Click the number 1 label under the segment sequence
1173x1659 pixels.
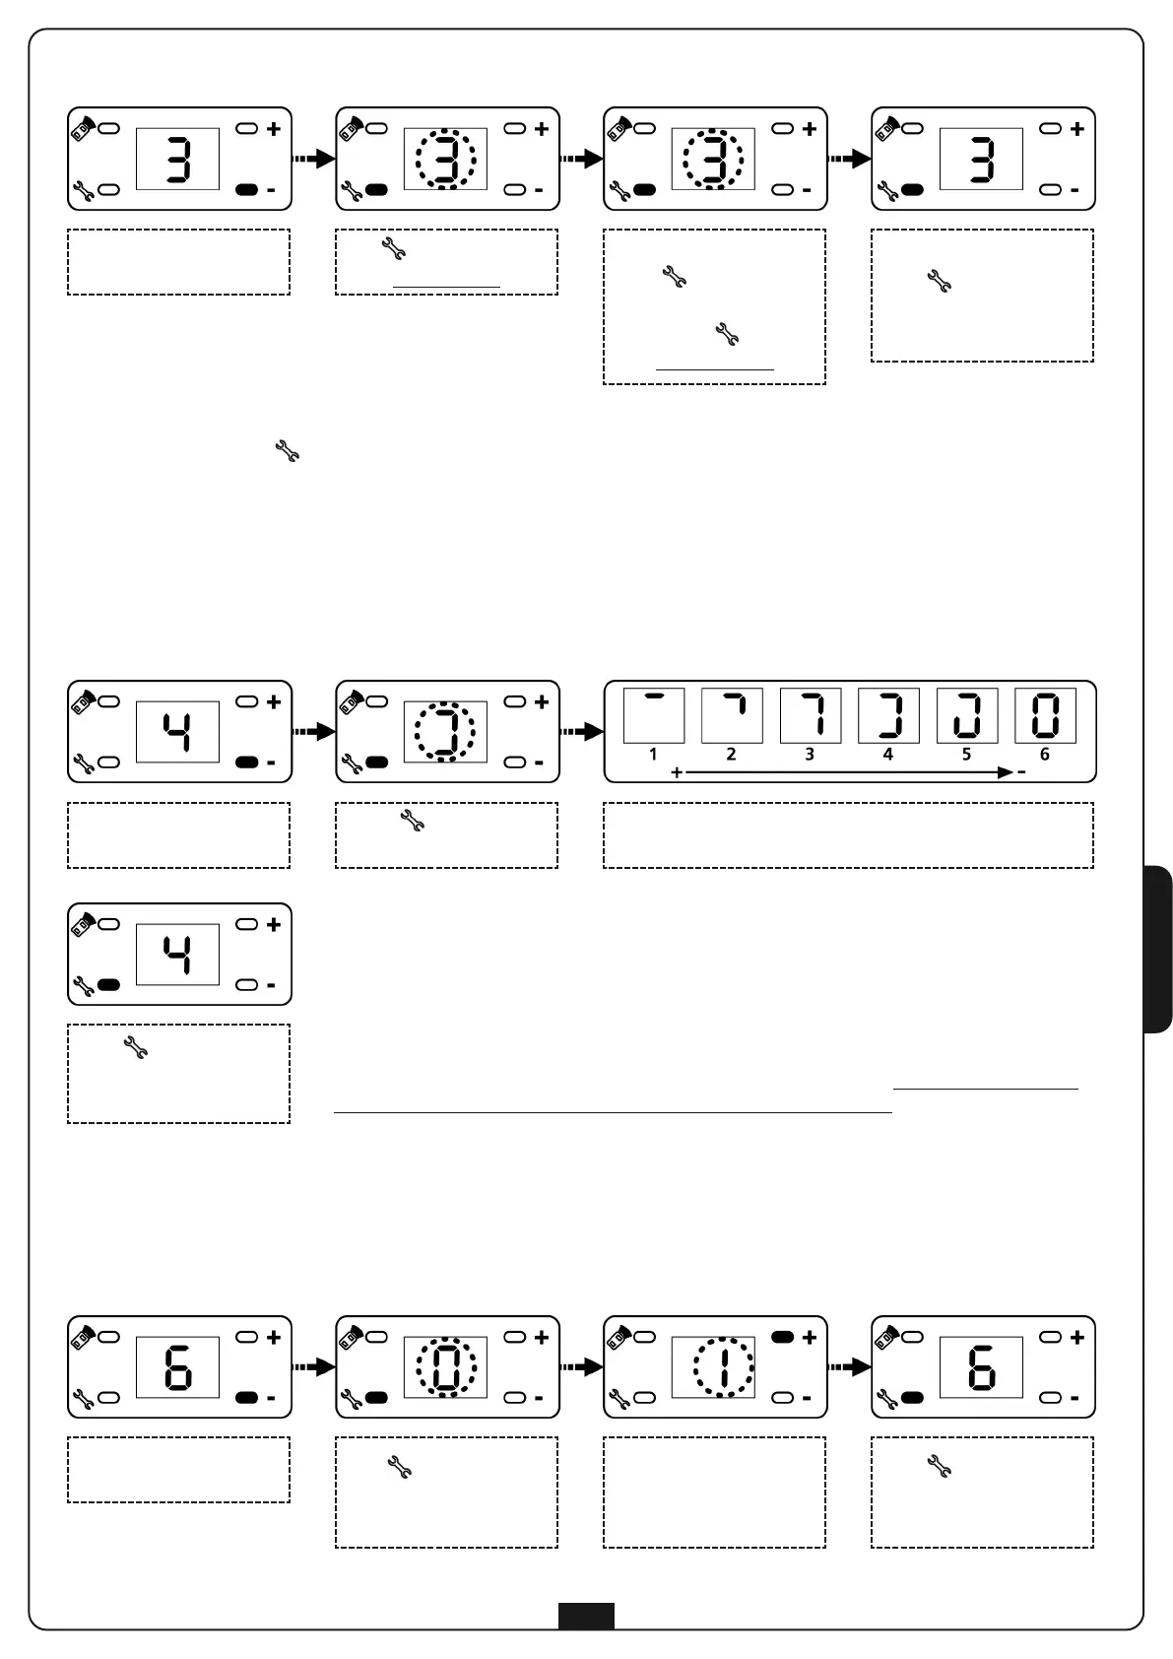point(653,755)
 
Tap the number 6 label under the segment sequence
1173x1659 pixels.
point(1045,755)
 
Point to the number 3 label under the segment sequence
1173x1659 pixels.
point(810,755)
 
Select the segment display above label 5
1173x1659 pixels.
point(966,715)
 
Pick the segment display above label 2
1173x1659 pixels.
point(732,715)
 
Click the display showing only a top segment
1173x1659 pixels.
point(653,715)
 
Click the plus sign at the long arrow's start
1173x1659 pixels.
point(677,773)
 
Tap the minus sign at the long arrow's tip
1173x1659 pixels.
point(1021,773)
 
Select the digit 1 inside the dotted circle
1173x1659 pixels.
point(723,1367)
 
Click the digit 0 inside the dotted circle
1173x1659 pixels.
point(446,1367)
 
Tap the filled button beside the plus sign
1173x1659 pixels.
point(782,1338)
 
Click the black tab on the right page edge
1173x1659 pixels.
point(1159,949)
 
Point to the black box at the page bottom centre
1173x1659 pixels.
point(586,1616)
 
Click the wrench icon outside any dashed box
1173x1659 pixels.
point(287,453)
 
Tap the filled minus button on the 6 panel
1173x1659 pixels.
point(247,1398)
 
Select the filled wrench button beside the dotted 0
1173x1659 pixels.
point(377,1398)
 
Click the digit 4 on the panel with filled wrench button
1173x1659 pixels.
point(177,955)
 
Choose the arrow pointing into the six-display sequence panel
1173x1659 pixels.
point(581,732)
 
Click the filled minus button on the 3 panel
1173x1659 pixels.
point(247,189)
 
